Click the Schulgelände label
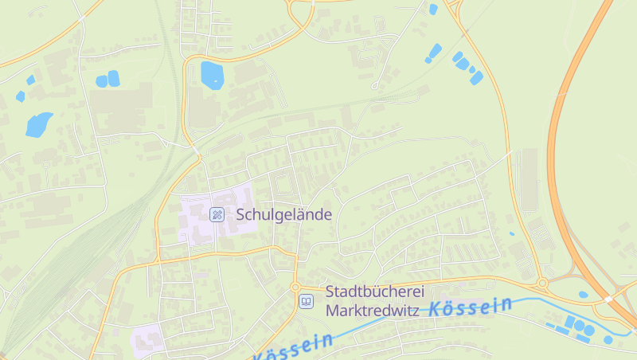pos(283,214)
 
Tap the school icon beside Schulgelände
pos(217,214)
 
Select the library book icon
pos(306,302)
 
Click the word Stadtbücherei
pos(374,292)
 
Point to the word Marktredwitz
pos(372,311)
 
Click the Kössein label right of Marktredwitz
pos(471,306)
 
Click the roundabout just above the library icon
pos(295,287)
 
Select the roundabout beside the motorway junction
pos(542,283)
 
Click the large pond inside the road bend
pos(212,74)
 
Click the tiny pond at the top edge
pos(433,10)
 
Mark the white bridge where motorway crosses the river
pos(608,299)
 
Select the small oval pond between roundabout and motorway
pos(583,295)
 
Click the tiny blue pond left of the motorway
pos(512,234)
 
